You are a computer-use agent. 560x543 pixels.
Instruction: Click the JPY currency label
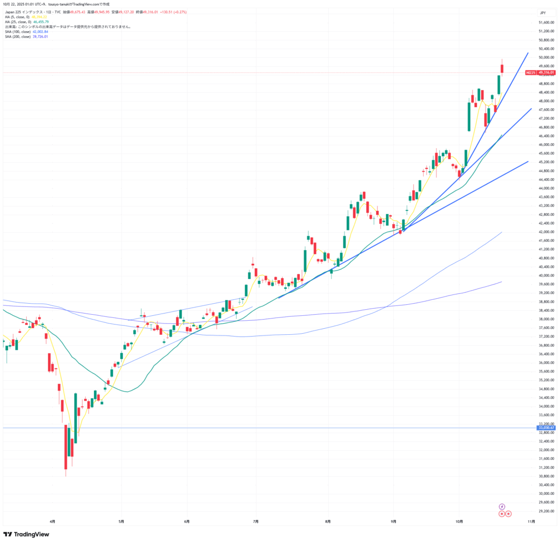click(543, 13)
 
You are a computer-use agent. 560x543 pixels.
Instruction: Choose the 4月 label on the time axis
click(52, 522)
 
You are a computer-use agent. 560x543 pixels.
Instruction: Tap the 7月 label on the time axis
click(255, 522)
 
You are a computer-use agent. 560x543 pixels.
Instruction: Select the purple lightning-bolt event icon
click(502, 506)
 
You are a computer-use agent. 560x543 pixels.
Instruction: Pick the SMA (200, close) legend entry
click(20, 37)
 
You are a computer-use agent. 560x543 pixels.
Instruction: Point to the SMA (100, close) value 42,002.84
click(40, 32)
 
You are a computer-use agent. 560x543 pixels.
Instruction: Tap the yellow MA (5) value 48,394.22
click(39, 16)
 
